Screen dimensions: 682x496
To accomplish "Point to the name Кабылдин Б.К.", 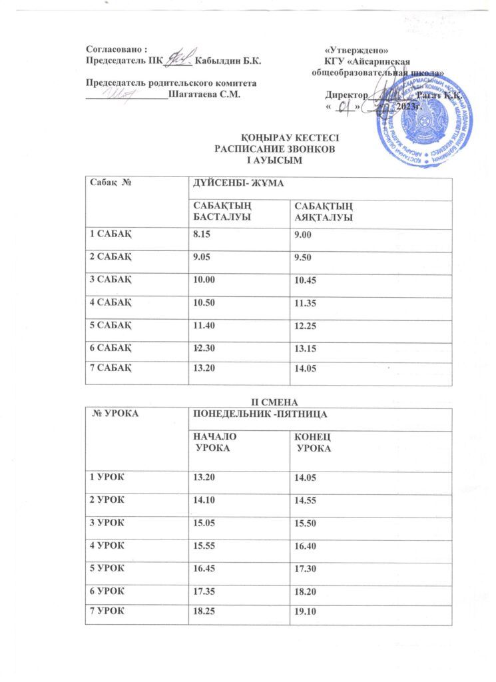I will pyautogui.click(x=224, y=61).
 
